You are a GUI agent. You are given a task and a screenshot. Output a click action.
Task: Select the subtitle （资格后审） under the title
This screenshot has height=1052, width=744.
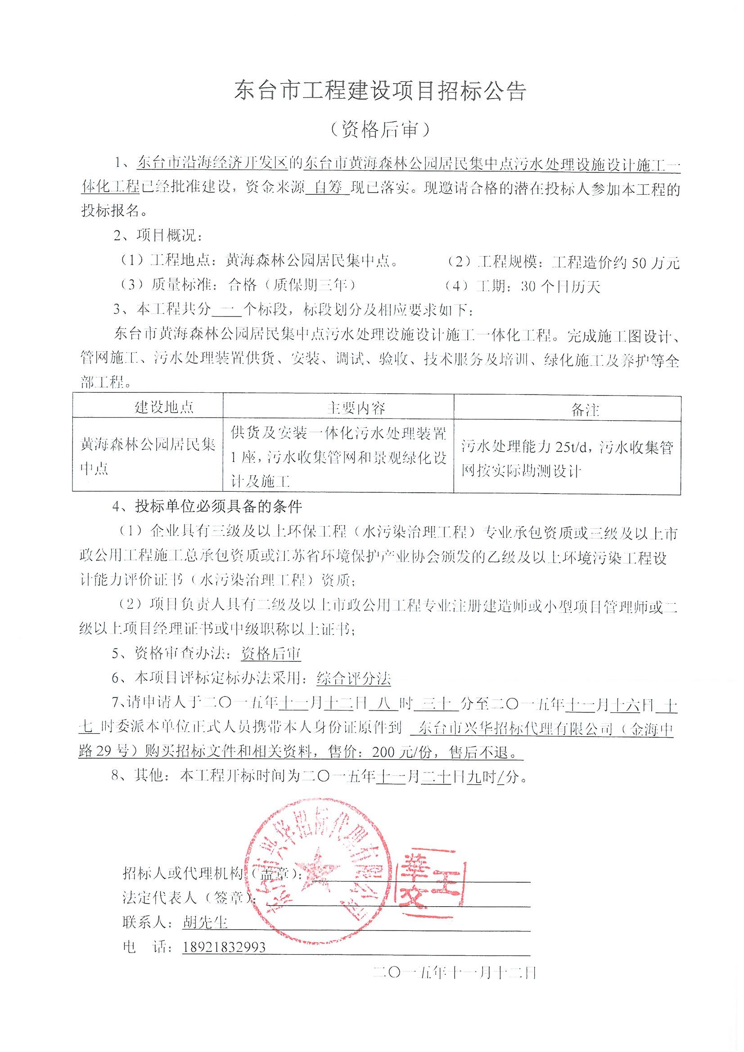(380, 130)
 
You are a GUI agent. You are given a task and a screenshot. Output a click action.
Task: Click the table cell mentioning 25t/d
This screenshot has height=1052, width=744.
(567, 459)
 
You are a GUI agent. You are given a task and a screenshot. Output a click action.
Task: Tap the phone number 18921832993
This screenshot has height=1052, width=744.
(224, 947)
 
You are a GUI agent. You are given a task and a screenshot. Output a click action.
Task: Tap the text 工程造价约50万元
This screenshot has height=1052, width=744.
(616, 263)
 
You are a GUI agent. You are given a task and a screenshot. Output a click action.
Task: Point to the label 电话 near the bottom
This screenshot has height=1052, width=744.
(139, 947)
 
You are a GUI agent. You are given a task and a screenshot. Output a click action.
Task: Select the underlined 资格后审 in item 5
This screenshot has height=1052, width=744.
(271, 654)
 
